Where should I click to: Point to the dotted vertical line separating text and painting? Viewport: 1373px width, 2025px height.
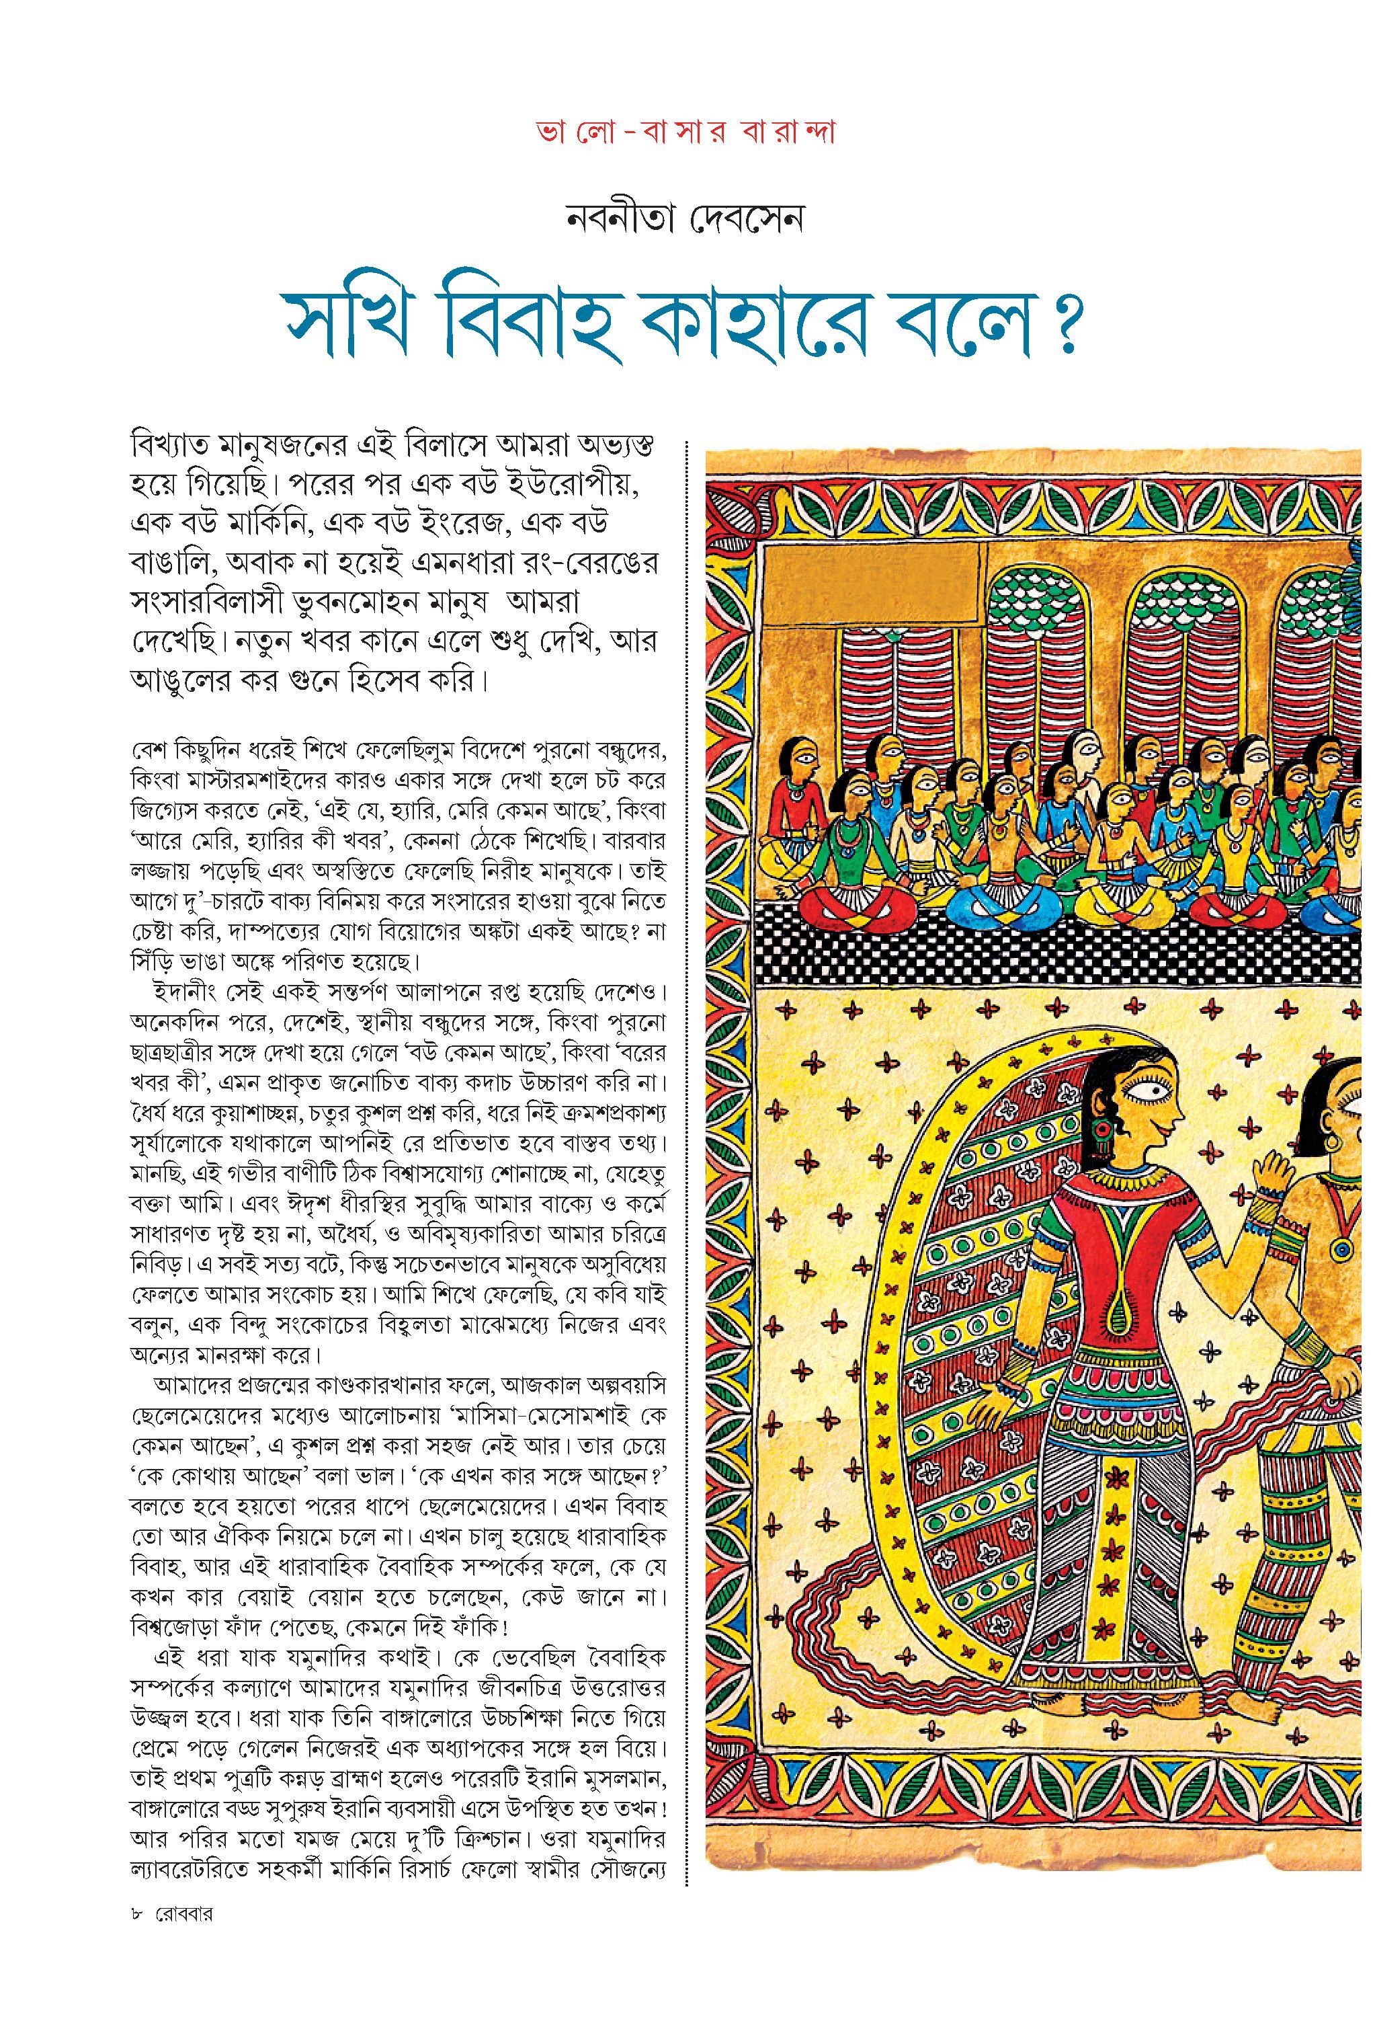point(688,1133)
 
